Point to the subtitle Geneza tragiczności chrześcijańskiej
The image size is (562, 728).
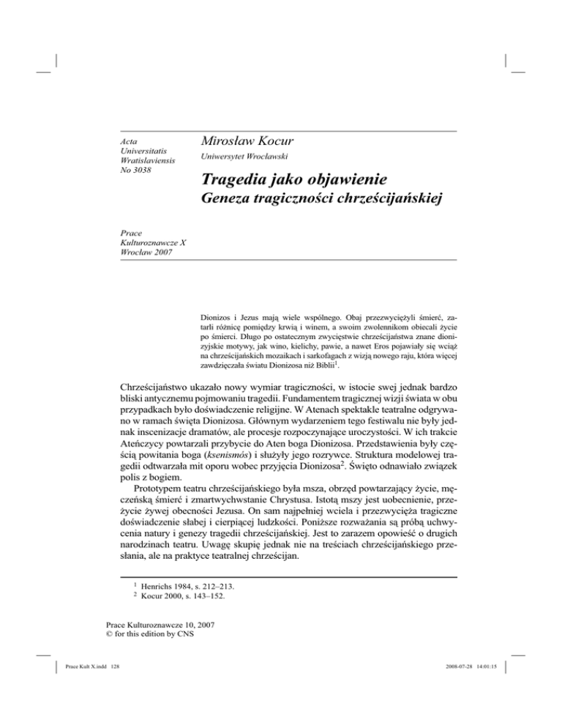[x=318, y=226]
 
